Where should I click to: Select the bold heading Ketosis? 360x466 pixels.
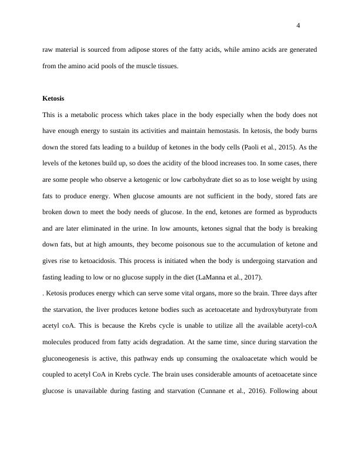(54, 98)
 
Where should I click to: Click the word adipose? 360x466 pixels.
(132, 51)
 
